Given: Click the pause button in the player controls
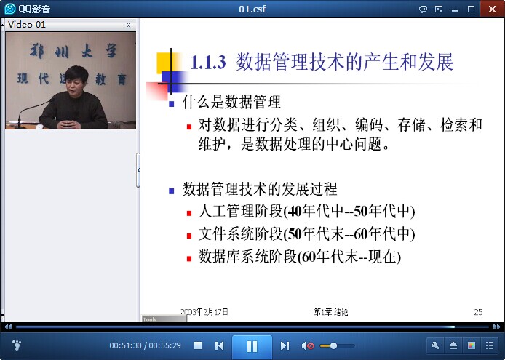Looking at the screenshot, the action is [x=252, y=346].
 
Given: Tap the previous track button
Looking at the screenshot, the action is [x=219, y=346].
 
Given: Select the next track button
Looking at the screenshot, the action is [x=285, y=346].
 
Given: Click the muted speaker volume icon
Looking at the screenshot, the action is [x=308, y=346].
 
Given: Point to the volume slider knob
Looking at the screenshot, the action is [x=334, y=346].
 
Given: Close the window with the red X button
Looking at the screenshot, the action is [x=492, y=9].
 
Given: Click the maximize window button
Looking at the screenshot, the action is [x=471, y=9].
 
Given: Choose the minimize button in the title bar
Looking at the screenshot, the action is [x=455, y=9].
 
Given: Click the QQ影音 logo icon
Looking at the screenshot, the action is [x=9, y=9].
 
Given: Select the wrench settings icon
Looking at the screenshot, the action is [x=435, y=346].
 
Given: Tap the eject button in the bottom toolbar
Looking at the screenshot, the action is [x=453, y=346].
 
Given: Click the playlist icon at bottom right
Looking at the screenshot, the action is [x=490, y=346].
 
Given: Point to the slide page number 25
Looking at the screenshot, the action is [x=478, y=312].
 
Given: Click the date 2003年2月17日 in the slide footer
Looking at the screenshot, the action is [x=204, y=312].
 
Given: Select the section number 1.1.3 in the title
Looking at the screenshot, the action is [x=208, y=62].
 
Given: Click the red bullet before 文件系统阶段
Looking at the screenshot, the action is [x=189, y=236].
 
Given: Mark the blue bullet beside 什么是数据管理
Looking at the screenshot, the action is [x=171, y=104].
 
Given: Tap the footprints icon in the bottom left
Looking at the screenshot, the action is [x=17, y=345].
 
